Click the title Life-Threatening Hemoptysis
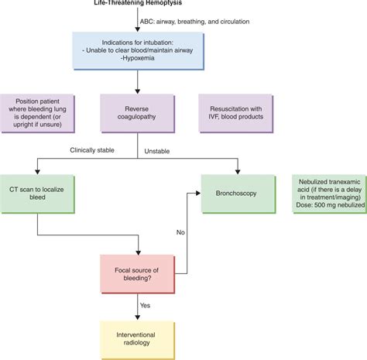pyautogui.click(x=139, y=4)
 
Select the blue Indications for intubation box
pyautogui.click(x=139, y=50)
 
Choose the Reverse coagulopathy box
pyautogui.click(x=139, y=113)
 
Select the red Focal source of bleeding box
pyautogui.click(x=139, y=273)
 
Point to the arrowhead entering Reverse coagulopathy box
pyautogui.click(x=139, y=91)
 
